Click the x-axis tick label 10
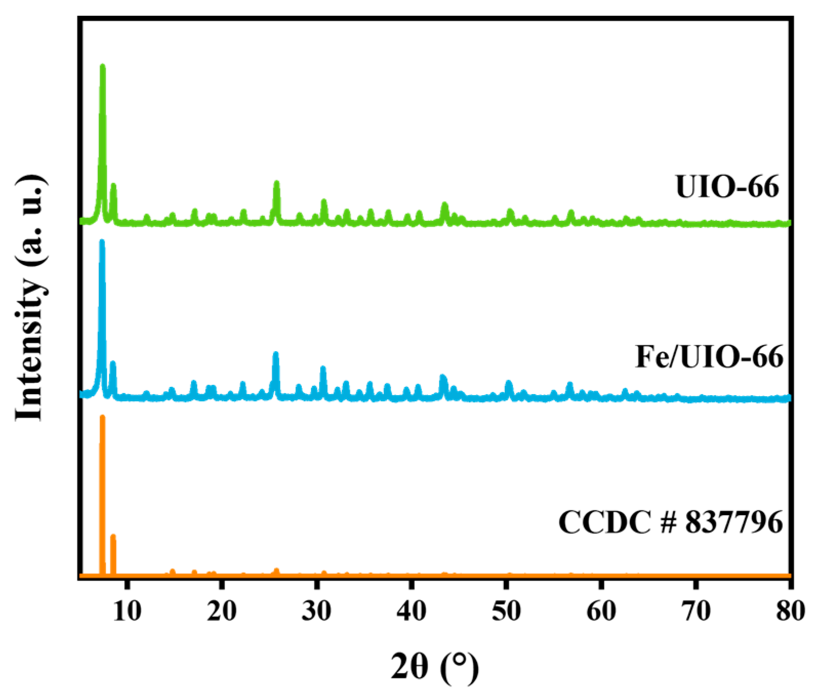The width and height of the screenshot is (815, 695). [127, 611]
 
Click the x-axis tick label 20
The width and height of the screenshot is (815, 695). [221, 611]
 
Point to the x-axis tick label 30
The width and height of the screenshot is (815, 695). [316, 611]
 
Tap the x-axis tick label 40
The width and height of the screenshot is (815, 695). [411, 611]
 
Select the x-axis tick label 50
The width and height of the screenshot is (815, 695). [506, 611]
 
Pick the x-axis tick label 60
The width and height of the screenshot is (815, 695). [601, 611]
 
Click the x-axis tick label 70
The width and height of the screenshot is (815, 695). [696, 611]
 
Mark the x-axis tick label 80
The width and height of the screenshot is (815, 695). [790, 611]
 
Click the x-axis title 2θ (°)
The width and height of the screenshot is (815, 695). [435, 667]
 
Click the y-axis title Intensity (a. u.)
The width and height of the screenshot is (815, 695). [30, 298]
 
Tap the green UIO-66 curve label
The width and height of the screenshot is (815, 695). [727, 187]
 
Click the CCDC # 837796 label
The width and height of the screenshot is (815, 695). [670, 522]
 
